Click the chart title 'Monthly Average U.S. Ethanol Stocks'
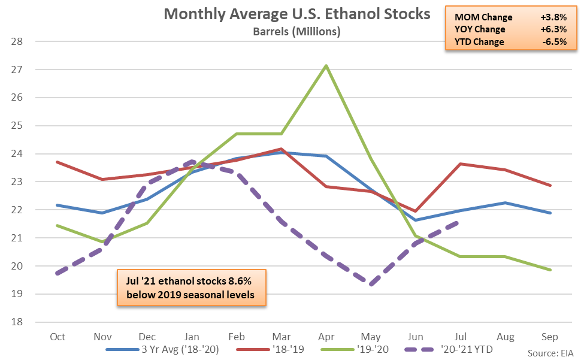[297, 14]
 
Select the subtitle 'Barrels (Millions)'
[297, 32]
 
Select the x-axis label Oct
[58, 337]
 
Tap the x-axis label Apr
[326, 337]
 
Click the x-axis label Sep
[549, 337]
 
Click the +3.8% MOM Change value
[553, 16]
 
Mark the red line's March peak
[281, 149]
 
